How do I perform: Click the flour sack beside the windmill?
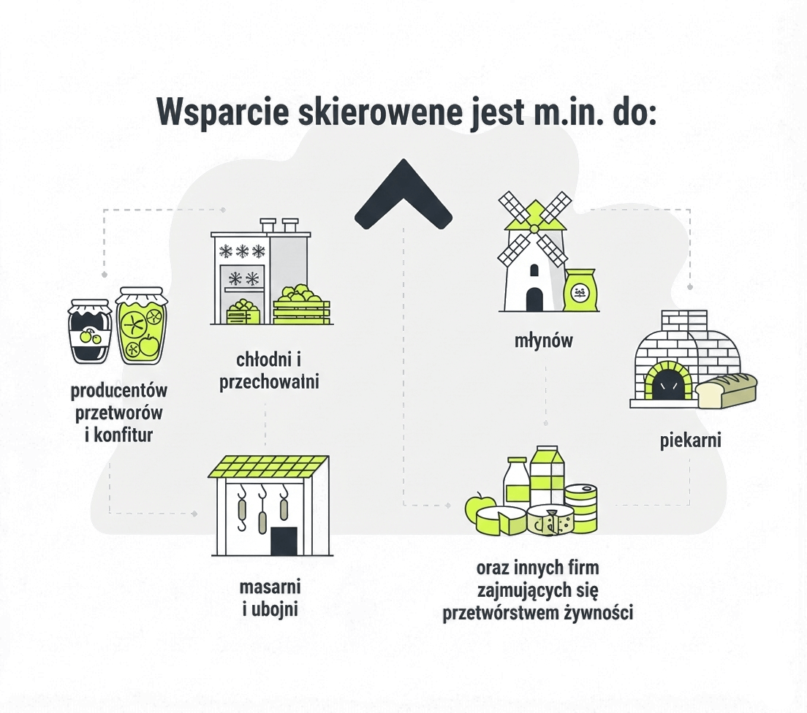click(581, 290)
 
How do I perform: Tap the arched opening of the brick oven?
click(665, 382)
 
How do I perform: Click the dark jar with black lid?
click(91, 333)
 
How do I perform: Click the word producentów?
click(119, 391)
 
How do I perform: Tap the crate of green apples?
click(302, 305)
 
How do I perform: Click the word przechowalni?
click(269, 382)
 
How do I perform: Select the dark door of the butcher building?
click(284, 541)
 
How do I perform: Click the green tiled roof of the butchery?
click(269, 466)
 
